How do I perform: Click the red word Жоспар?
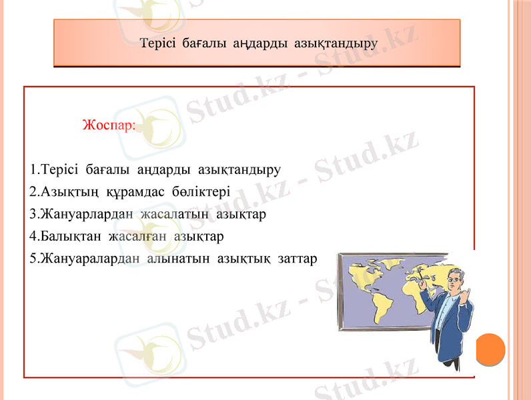click(x=109, y=125)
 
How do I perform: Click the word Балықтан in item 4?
click(x=65, y=236)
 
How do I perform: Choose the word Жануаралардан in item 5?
click(x=89, y=258)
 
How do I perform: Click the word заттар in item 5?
click(x=297, y=258)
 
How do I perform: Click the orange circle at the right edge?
click(x=491, y=349)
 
